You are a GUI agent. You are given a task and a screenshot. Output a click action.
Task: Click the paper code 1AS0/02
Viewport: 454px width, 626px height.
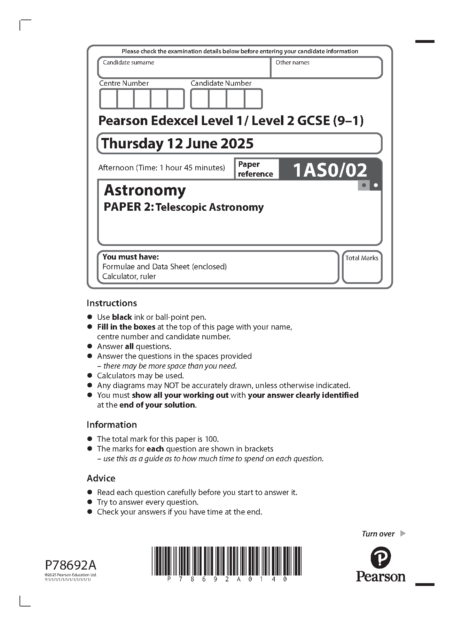click(x=330, y=170)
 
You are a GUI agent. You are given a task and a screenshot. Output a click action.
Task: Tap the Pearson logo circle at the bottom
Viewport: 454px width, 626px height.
click(x=380, y=557)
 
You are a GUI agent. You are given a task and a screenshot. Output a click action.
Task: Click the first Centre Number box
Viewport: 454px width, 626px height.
click(x=108, y=99)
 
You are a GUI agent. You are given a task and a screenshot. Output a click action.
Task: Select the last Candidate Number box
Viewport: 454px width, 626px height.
click(x=253, y=99)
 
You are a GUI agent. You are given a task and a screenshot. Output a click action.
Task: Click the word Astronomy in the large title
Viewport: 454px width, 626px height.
click(x=145, y=190)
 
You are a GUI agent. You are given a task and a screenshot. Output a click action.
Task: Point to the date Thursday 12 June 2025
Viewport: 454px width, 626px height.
click(x=177, y=144)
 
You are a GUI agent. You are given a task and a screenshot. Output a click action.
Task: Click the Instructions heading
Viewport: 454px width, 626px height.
click(x=112, y=303)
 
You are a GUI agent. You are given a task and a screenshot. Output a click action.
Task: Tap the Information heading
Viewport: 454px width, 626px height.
click(x=112, y=425)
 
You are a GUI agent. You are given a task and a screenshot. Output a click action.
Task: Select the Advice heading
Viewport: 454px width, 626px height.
click(x=101, y=478)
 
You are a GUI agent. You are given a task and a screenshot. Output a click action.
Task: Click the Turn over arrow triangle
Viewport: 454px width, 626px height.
click(x=403, y=533)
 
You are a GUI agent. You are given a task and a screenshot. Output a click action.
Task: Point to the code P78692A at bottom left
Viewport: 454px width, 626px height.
click(x=71, y=565)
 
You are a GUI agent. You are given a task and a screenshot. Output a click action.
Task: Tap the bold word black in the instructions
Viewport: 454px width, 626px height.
click(x=122, y=317)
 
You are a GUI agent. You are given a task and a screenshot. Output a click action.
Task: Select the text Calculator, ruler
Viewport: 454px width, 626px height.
click(x=129, y=276)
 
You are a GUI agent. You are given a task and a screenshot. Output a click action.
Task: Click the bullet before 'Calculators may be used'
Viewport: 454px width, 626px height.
click(x=90, y=376)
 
